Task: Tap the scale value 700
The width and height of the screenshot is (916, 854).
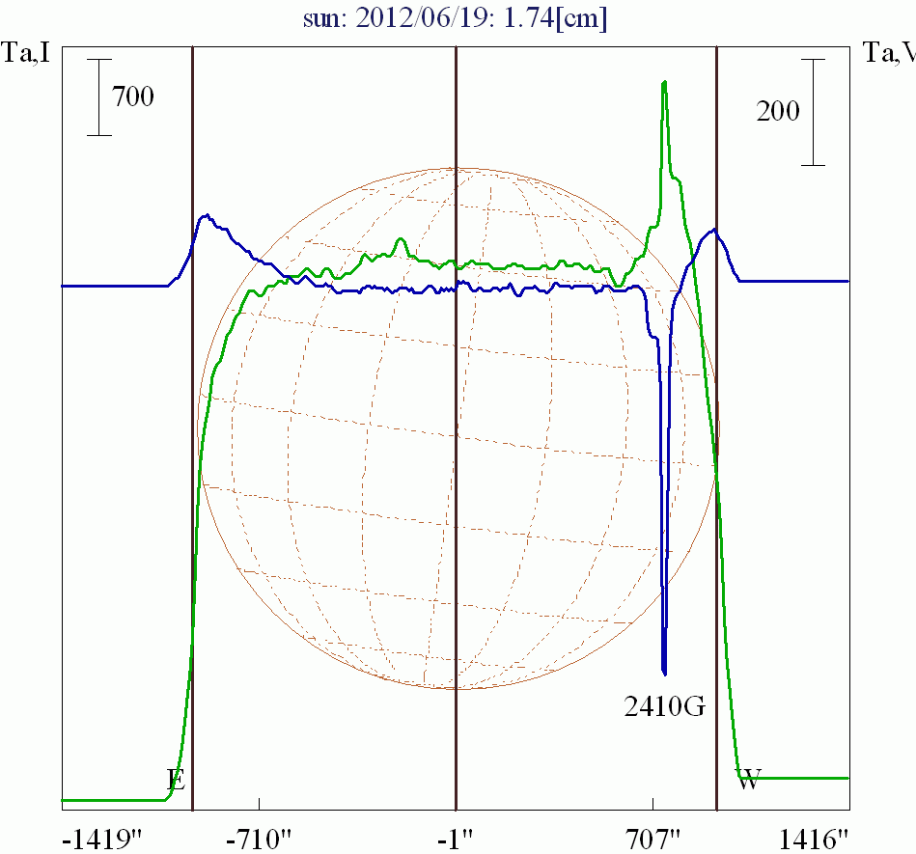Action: click(133, 96)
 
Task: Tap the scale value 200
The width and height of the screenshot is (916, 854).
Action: click(778, 112)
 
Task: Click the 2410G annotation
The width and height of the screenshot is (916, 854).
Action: click(666, 707)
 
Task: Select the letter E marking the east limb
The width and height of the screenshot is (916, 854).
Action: click(176, 780)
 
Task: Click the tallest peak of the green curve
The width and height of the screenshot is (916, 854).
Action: click(664, 83)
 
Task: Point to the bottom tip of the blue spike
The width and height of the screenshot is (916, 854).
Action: click(664, 672)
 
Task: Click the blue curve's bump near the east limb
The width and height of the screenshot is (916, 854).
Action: click(206, 217)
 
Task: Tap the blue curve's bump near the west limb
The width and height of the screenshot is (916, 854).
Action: click(713, 231)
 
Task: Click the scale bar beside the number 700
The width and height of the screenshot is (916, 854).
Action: click(98, 96)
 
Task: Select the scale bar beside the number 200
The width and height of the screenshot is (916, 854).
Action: click(814, 112)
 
